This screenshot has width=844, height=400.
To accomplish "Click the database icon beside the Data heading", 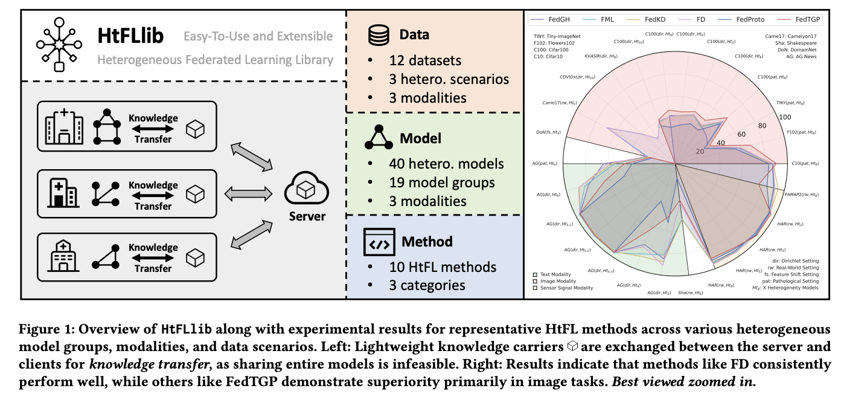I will coord(379,35).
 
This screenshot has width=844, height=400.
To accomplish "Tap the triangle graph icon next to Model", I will coord(379,138).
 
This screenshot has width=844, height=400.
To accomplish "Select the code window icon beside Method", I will coord(379,242).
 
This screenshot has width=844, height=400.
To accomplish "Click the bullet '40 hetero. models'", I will coord(446,163).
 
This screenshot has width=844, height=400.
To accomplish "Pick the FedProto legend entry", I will coord(750,20).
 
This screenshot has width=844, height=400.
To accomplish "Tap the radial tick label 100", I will coord(785,117).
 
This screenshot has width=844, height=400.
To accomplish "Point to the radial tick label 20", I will coord(700,152).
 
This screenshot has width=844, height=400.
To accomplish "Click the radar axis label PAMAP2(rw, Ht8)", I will coord(801,195).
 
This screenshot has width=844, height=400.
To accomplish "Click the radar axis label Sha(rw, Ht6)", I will coord(690,293).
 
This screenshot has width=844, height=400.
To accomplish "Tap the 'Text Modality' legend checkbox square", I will coord(535,274).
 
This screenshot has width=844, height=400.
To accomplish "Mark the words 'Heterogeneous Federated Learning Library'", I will coord(216,60).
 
